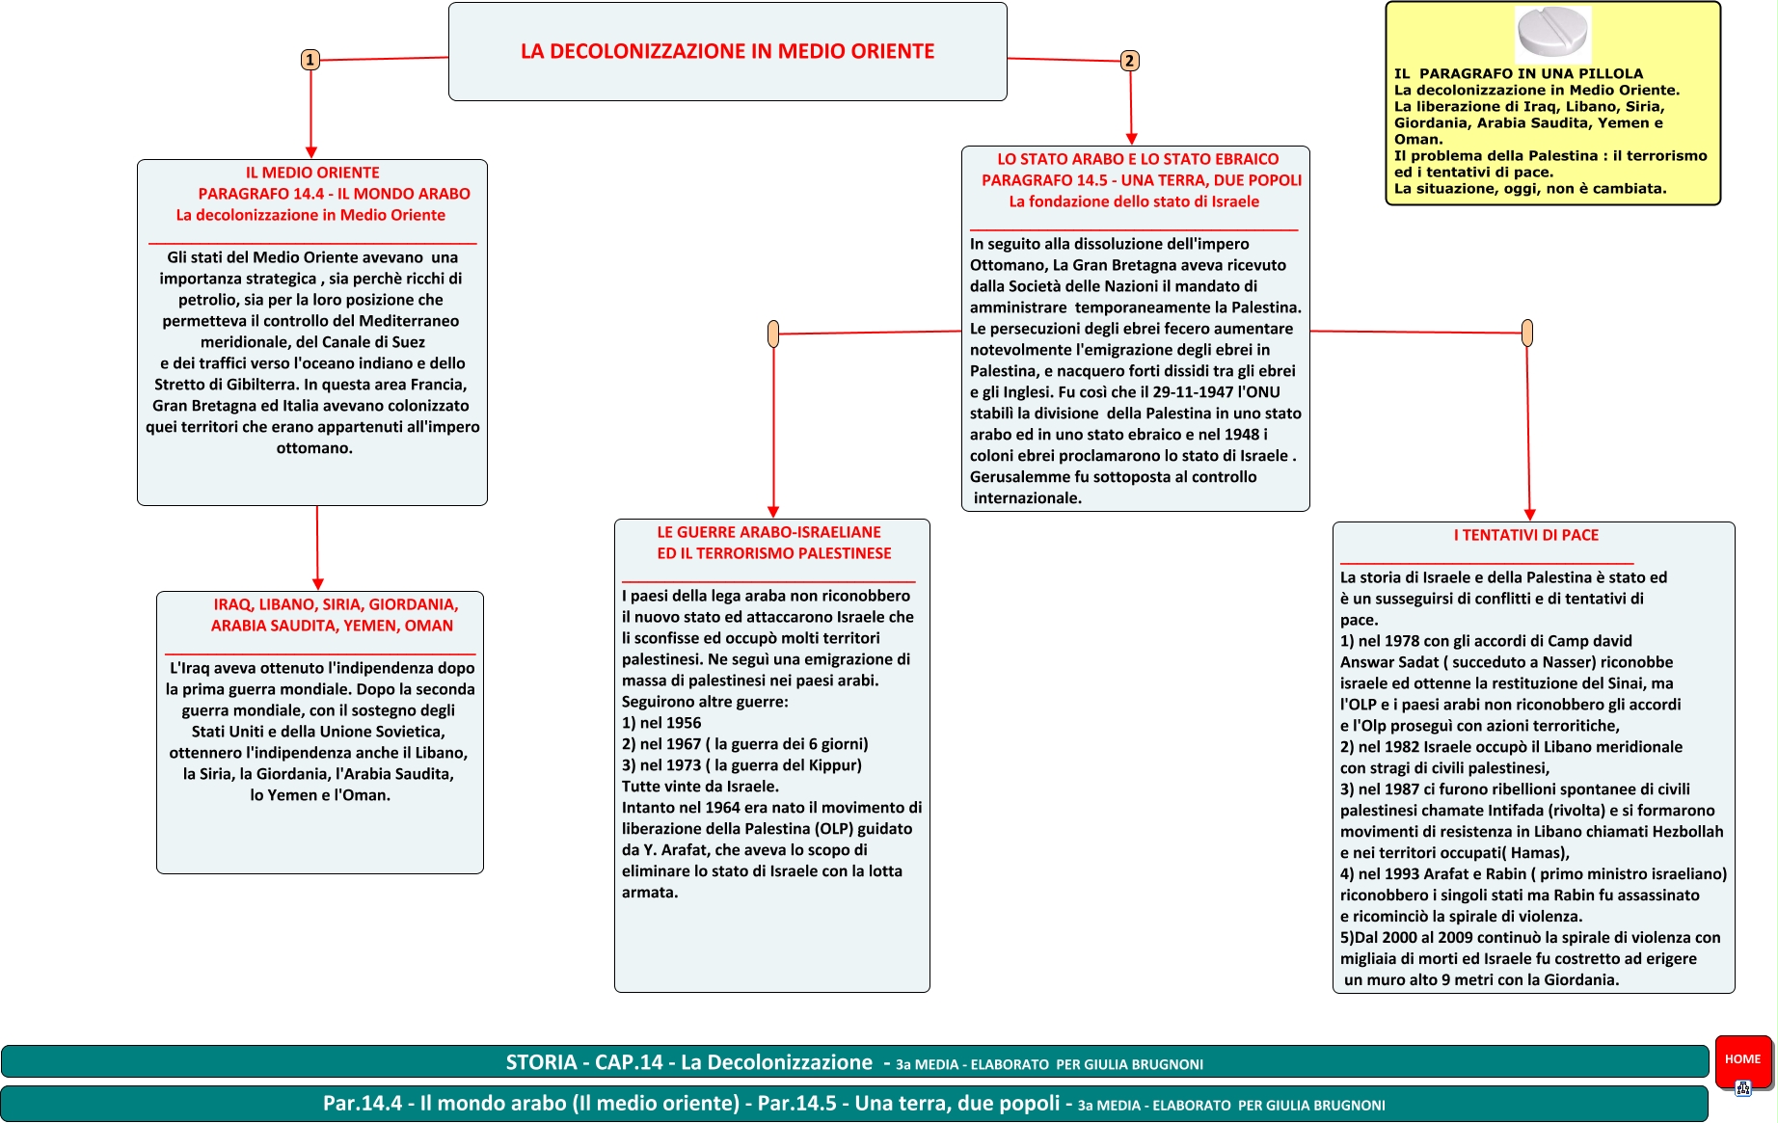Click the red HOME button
(1742, 1059)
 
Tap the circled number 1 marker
(310, 60)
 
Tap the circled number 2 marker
(1129, 61)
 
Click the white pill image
(1551, 33)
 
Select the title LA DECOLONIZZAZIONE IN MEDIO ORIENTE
(727, 51)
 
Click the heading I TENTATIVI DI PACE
(1525, 535)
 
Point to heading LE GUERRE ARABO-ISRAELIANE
(768, 532)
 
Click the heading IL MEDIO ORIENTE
(312, 173)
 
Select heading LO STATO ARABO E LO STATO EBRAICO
(1138, 159)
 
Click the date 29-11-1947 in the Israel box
(1193, 392)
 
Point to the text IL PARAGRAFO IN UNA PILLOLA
(1518, 73)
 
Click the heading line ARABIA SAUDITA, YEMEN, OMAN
(332, 626)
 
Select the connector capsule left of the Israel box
(773, 334)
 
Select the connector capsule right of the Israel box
(1526, 333)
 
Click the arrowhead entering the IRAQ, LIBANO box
(318, 584)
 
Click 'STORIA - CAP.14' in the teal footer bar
(584, 1062)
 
